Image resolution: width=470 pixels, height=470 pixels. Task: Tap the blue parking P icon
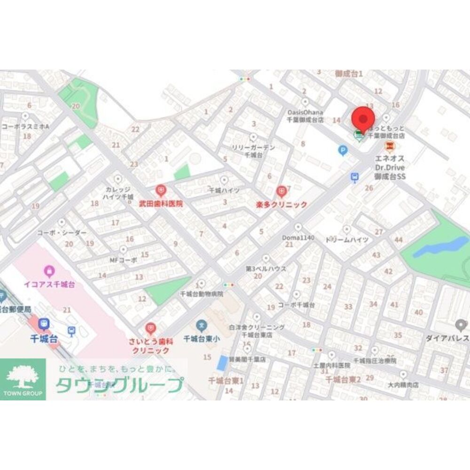point(343,150)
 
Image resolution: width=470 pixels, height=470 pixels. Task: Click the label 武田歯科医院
point(160,204)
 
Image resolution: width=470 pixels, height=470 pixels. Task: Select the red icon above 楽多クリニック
point(282,191)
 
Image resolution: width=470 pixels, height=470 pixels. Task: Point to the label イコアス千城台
point(49,285)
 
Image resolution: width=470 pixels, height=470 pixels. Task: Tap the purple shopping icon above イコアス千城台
point(49,271)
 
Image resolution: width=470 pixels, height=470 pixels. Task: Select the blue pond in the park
point(437,246)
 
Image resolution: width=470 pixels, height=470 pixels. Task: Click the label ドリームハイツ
point(347,240)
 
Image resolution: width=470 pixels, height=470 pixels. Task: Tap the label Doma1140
point(298,238)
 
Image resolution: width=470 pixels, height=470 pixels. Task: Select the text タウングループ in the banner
point(119,385)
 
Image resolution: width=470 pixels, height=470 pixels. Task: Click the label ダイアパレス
point(446,338)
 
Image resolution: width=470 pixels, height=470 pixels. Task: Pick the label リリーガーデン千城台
point(253,151)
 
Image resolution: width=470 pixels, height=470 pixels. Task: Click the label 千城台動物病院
point(202,293)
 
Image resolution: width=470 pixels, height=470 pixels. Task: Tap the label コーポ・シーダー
point(62,233)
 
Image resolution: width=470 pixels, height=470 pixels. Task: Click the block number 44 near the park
point(399,240)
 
